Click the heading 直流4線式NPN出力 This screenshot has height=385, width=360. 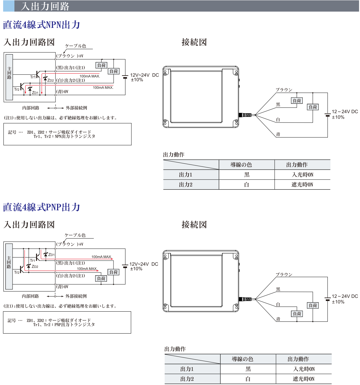[x=41, y=25]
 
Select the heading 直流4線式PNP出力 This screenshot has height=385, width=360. [x=41, y=207]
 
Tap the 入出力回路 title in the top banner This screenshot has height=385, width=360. [x=45, y=6]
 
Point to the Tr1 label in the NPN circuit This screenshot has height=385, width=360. [x=33, y=77]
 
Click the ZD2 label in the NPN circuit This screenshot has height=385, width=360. [x=50, y=80]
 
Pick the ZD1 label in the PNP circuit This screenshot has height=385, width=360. [x=51, y=255]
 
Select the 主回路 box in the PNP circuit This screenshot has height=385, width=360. [x=9, y=266]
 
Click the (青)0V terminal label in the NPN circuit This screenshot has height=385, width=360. [x=62, y=92]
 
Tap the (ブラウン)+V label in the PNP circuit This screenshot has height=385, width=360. [x=70, y=244]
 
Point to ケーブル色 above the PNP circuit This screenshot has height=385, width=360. [x=75, y=235]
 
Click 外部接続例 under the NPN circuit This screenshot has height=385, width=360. [x=77, y=108]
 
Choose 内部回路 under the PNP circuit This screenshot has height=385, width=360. [x=30, y=296]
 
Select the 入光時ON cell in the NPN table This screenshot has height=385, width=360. [x=303, y=175]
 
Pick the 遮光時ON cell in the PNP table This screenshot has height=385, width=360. [x=304, y=379]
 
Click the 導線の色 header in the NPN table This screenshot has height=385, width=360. [x=241, y=165]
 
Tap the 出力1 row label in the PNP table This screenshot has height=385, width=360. [x=187, y=369]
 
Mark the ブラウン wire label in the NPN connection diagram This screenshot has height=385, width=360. [x=284, y=90]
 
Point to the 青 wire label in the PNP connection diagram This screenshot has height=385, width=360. [x=278, y=319]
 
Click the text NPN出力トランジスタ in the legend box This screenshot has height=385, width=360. [x=75, y=136]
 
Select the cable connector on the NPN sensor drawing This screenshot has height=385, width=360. [x=245, y=115]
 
